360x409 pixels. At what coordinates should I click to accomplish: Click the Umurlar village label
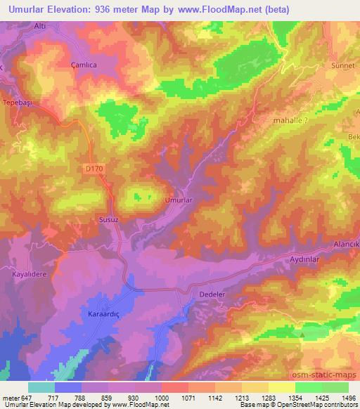tap(178, 200)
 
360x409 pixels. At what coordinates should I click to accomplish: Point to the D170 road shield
tap(91, 169)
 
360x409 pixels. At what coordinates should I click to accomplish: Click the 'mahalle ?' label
tap(291, 121)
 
